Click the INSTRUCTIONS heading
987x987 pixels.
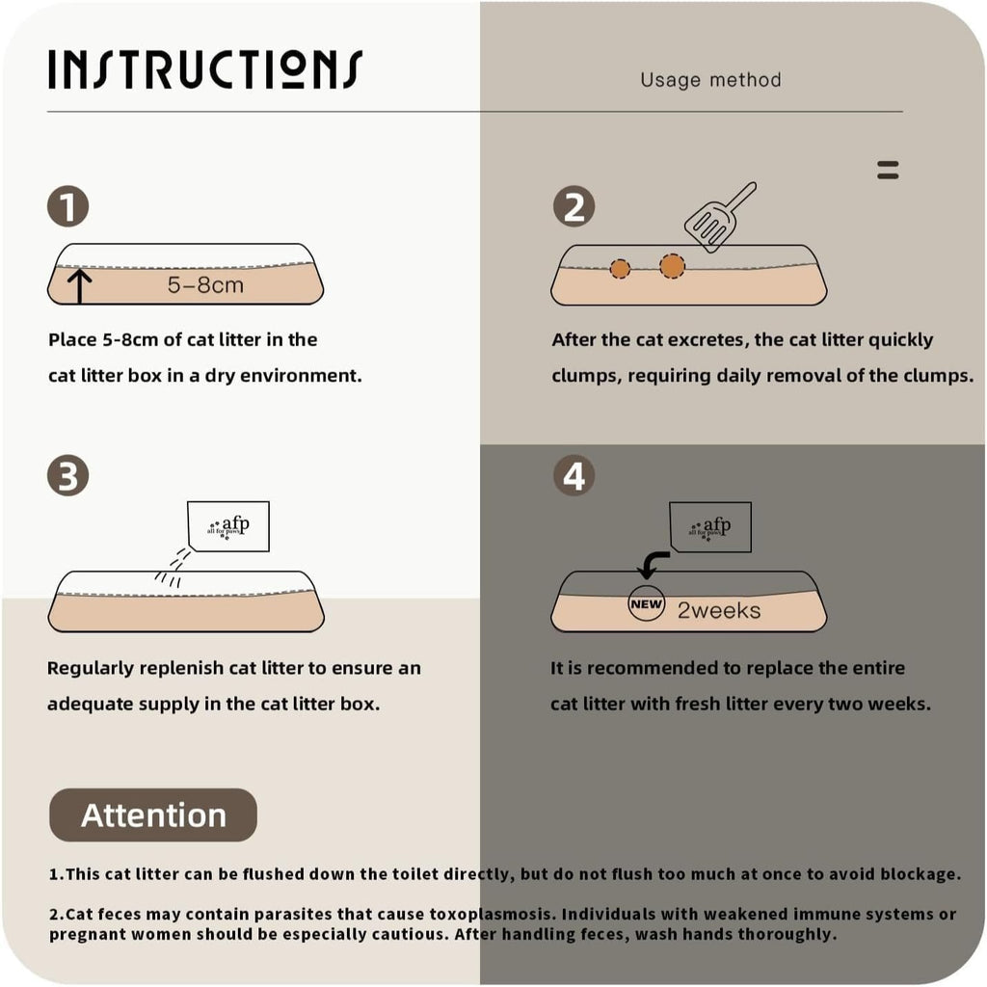[205, 69]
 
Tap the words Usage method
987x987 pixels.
[710, 80]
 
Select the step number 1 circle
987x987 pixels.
[68, 206]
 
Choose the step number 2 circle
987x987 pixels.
[574, 206]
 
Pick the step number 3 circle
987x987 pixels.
[68, 475]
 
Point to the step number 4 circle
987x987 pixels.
[574, 475]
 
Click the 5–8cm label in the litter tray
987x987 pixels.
[205, 285]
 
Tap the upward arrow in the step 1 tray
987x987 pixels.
[80, 286]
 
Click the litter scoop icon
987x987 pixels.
[719, 218]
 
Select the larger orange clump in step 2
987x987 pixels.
[672, 266]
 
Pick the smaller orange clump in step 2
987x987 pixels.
[620, 269]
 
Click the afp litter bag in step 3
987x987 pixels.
[228, 527]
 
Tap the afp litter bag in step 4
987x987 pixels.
[710, 527]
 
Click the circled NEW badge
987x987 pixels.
[647, 603]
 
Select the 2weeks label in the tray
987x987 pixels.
[719, 610]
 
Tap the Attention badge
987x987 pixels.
[153, 814]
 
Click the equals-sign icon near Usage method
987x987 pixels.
[888, 170]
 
